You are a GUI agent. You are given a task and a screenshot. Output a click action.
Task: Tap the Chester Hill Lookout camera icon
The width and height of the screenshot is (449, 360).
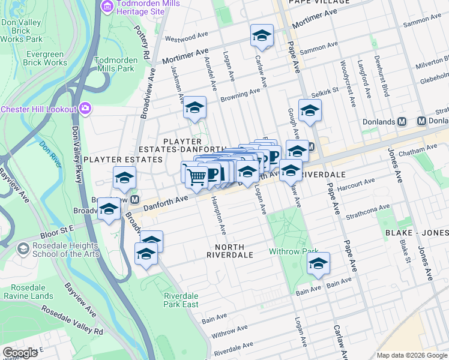(x=86, y=109)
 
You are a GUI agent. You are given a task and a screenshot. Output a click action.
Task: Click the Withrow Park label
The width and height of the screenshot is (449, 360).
(x=292, y=251)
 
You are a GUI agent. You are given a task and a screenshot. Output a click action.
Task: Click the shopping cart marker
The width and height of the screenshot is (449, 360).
(x=197, y=176)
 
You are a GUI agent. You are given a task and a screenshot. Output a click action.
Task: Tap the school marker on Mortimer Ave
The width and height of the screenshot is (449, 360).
(x=262, y=36)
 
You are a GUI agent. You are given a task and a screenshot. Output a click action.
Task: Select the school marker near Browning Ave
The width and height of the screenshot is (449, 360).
(x=194, y=108)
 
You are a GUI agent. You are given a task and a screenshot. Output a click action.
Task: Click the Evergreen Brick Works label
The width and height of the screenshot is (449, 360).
(x=38, y=58)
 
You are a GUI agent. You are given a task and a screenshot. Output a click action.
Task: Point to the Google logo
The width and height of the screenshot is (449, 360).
(x=20, y=353)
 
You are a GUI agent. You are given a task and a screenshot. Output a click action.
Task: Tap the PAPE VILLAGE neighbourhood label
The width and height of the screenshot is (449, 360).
(x=319, y=2)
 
